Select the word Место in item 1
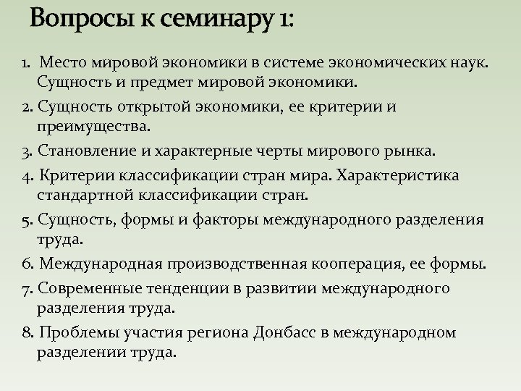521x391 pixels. click(63, 63)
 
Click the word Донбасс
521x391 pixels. click(284, 333)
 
